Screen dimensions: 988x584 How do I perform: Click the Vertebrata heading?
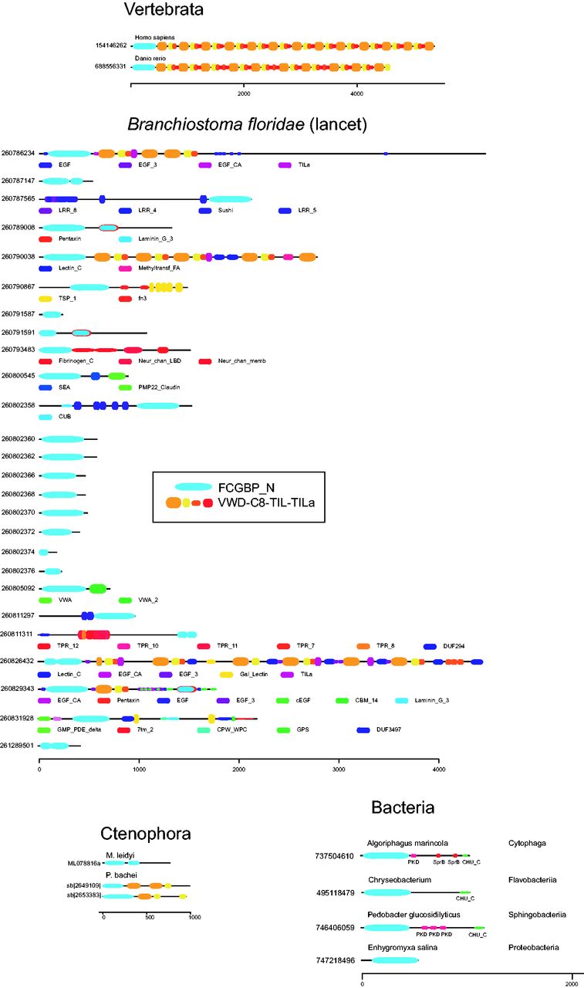click(x=166, y=10)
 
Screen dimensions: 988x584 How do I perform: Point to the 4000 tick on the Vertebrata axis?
click(x=356, y=94)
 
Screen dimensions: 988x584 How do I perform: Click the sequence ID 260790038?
click(x=19, y=256)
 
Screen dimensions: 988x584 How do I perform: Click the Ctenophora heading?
click(x=146, y=834)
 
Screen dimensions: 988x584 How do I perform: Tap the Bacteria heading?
click(x=403, y=808)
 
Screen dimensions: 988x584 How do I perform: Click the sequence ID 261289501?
click(x=19, y=746)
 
